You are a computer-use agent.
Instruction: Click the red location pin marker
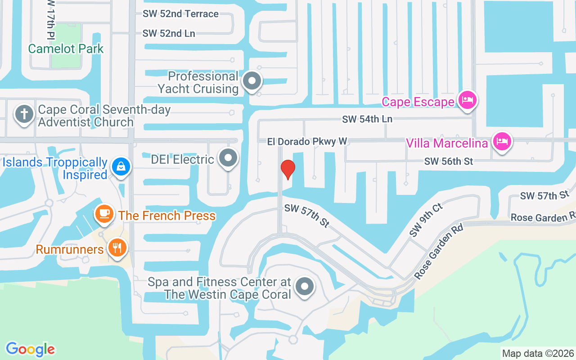tap(288, 169)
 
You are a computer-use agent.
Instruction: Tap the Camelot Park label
tap(66, 49)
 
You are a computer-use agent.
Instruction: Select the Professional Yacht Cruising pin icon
tap(252, 81)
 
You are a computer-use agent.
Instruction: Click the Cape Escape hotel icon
tap(468, 100)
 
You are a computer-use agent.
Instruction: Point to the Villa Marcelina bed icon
tap(501, 142)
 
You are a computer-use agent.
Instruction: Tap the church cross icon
tap(24, 114)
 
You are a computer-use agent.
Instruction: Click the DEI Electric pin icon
tap(228, 158)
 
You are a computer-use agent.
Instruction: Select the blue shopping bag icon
tap(121, 166)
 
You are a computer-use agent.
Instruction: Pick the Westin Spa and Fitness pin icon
tap(305, 286)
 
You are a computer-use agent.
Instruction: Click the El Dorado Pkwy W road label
tap(307, 141)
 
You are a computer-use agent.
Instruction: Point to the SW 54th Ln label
tap(367, 119)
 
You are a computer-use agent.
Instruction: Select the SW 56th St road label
tap(449, 161)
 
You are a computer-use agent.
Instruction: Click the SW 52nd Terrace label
tap(180, 13)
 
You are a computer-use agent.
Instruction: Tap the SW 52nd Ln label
tap(169, 33)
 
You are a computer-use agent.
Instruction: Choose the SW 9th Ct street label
tap(426, 220)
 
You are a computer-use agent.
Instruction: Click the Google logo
tap(30, 349)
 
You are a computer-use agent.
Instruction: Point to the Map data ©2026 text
tap(538, 353)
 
